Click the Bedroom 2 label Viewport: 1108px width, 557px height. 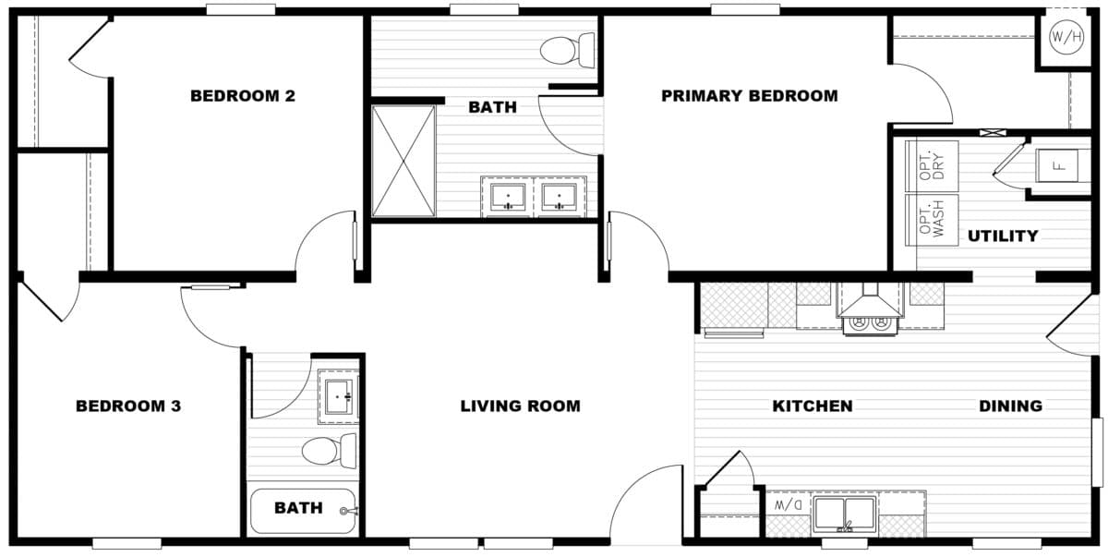242,95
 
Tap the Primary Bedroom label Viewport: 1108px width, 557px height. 749,95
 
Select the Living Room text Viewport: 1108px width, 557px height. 520,406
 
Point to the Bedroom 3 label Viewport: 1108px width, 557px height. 127,406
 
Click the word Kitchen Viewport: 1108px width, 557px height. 813,406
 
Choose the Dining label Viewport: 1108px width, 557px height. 1010,406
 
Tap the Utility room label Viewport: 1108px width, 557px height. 1003,236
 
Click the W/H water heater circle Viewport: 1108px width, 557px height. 1066,38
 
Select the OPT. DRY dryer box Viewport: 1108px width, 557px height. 932,167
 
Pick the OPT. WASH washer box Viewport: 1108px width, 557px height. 932,220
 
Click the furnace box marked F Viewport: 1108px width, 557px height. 1059,167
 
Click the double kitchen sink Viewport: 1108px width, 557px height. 844,514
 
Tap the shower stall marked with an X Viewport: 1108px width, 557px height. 403,162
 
